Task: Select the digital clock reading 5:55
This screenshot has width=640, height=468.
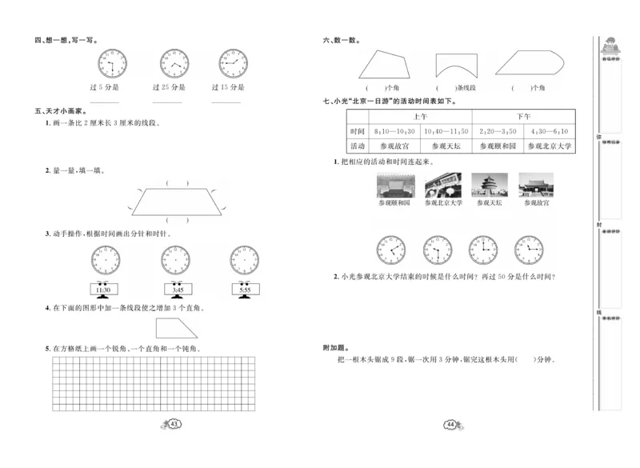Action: click(x=244, y=291)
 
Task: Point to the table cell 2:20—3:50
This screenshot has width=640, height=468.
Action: click(x=497, y=130)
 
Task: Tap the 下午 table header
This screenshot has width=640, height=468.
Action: click(x=522, y=115)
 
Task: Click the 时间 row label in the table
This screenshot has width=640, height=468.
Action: click(x=357, y=130)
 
